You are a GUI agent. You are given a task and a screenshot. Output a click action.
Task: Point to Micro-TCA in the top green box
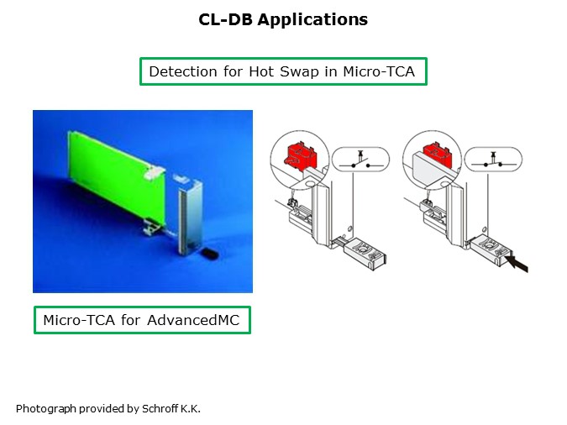click(380, 72)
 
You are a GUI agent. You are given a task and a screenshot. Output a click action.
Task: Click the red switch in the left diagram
click(297, 156)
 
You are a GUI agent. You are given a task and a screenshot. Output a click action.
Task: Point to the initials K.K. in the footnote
click(190, 409)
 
